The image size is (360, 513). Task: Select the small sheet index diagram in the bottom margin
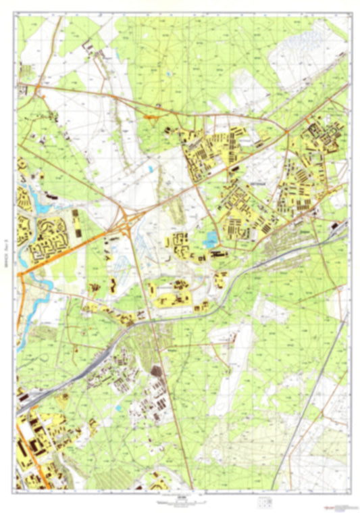265,502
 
